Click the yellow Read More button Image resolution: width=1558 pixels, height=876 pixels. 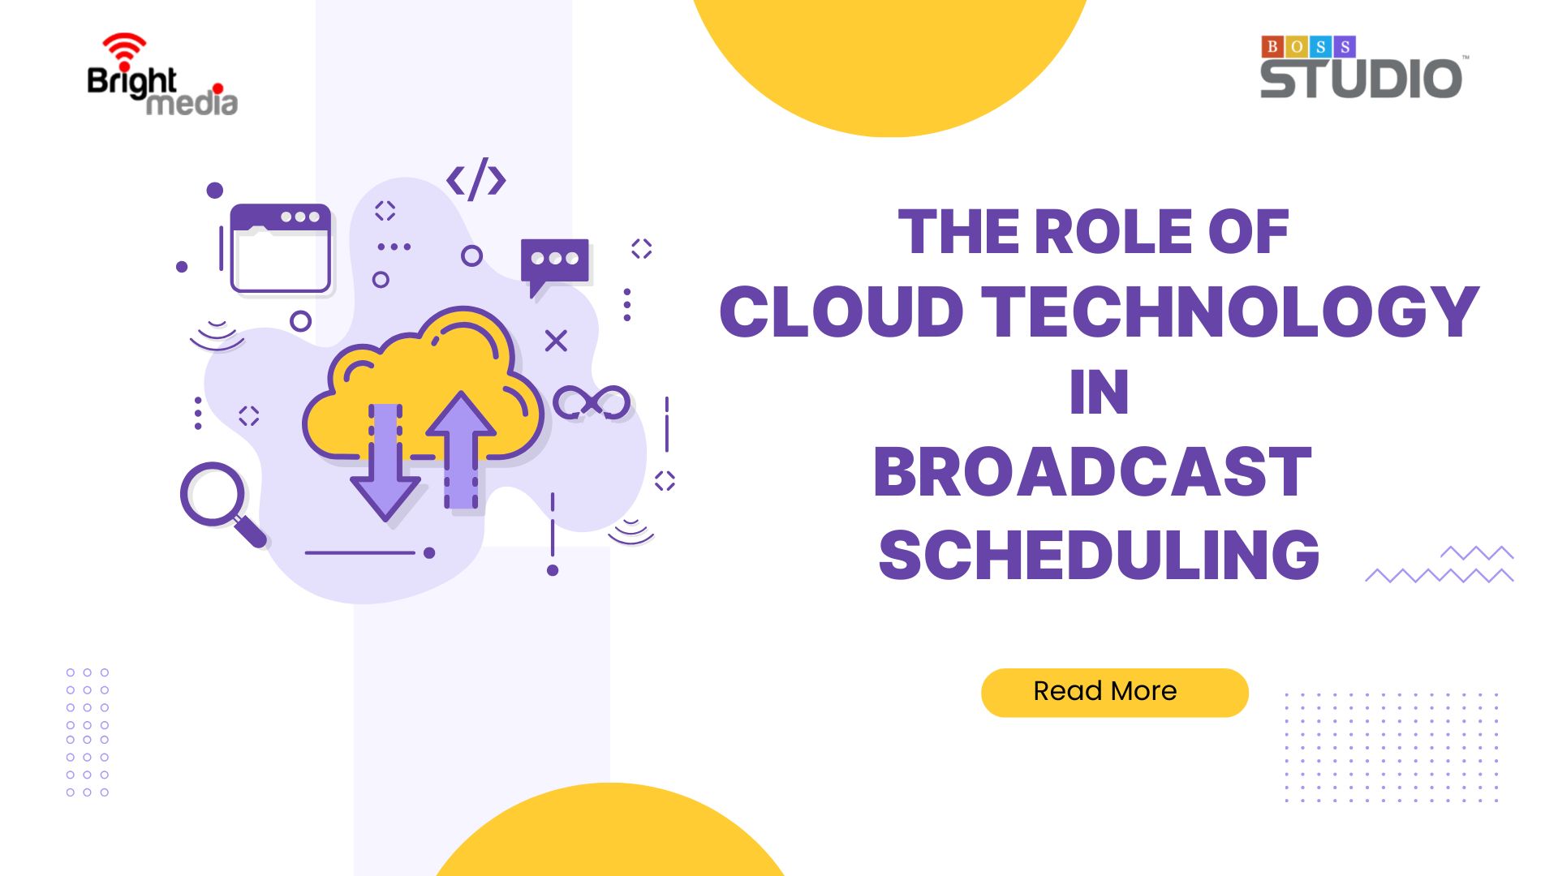click(x=1114, y=692)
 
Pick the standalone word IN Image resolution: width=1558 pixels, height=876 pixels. click(x=1099, y=393)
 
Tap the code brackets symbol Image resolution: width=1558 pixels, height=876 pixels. click(x=476, y=179)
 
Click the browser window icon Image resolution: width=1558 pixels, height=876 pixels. click(x=281, y=248)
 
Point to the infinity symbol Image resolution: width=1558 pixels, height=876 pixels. click(x=592, y=402)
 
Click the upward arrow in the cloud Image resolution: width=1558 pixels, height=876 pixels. click(x=461, y=450)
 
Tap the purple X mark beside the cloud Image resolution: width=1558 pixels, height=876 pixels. click(x=556, y=341)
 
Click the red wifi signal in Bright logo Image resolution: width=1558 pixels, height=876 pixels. click(x=123, y=50)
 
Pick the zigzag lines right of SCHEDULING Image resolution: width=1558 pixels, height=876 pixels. click(x=1440, y=565)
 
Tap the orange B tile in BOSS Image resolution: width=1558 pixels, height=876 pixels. click(x=1272, y=46)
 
